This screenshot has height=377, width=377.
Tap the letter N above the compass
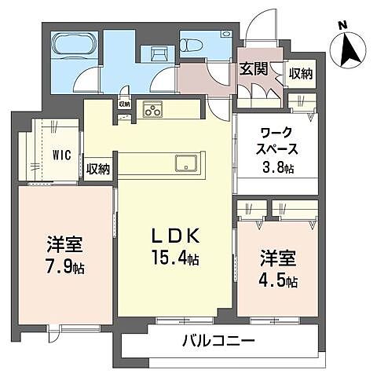342,25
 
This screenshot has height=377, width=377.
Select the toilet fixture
195,43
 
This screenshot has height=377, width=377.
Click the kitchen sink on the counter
186,163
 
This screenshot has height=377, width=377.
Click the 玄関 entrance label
253,69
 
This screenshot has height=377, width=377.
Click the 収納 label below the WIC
98,169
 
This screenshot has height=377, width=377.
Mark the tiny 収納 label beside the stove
124,104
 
